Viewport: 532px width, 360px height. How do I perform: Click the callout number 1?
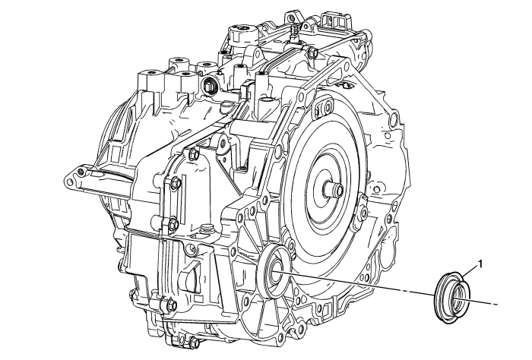[480, 264]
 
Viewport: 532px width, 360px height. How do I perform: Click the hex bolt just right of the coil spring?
[312, 52]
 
